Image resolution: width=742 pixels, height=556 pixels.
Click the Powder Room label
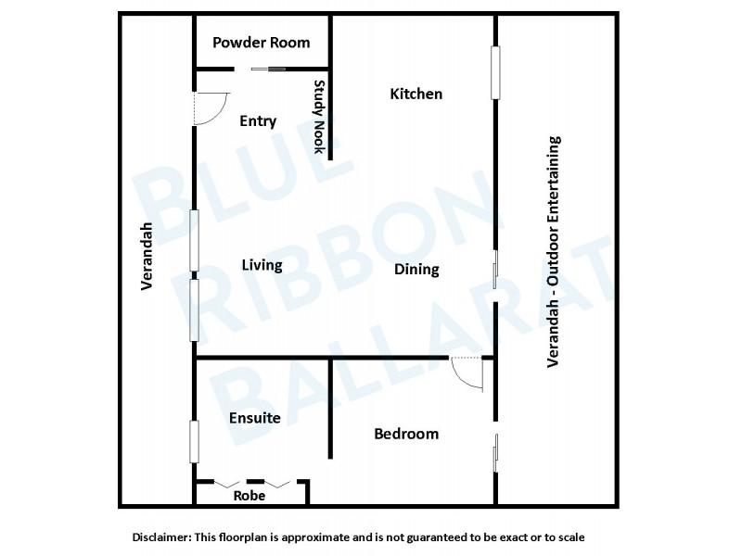coord(261,43)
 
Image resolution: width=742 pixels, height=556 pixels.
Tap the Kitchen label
coord(416,94)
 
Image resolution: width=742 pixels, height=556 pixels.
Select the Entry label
coord(258,121)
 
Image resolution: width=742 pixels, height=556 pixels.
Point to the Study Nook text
coord(319,117)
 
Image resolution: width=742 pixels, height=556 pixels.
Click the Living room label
coord(262,266)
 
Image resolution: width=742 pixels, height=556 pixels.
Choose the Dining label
coord(416,270)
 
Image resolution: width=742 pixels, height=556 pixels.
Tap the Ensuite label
coord(254,418)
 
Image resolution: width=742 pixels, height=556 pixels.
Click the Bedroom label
coord(405,434)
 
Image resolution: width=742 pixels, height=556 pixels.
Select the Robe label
coord(249,496)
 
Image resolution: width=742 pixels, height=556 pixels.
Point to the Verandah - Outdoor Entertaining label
coord(554,252)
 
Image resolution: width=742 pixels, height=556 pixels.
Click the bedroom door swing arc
coord(468,375)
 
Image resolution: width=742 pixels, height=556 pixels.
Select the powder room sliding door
coord(270,68)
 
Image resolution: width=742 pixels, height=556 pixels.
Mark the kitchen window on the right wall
coord(495,72)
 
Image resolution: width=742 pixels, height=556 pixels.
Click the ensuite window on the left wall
coord(195,441)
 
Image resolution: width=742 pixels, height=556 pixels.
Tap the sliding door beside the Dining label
coord(496,269)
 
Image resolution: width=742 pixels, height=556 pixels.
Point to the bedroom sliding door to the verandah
coord(496,453)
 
